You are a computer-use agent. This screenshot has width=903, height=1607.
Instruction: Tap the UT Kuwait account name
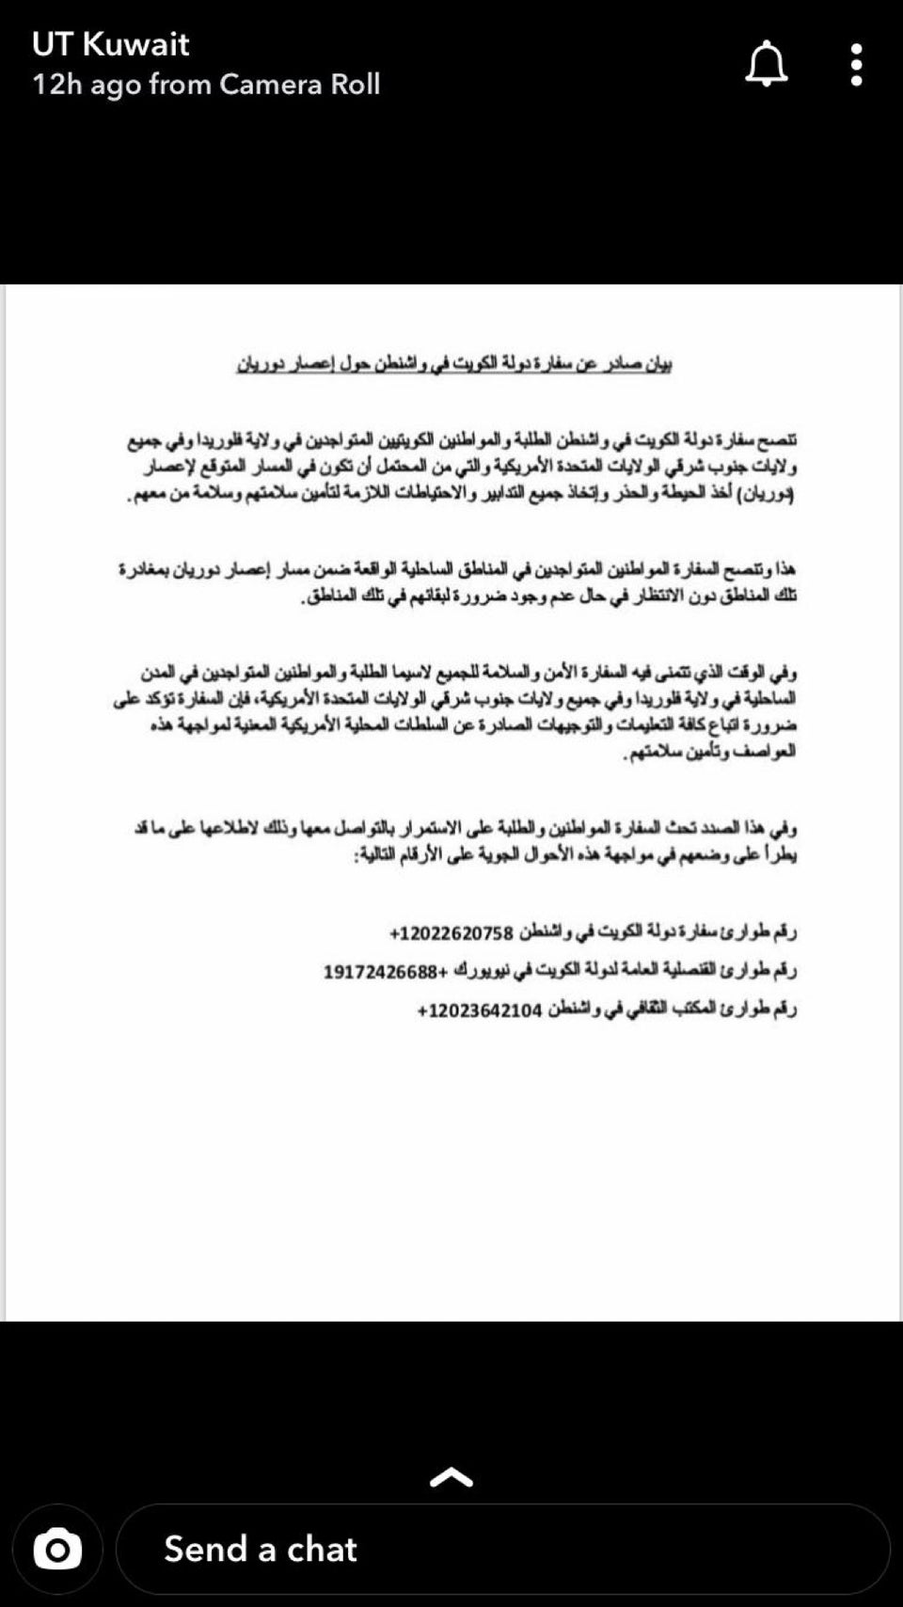click(110, 43)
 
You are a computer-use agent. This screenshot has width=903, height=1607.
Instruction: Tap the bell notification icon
click(767, 64)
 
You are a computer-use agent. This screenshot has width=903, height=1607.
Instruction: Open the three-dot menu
click(856, 64)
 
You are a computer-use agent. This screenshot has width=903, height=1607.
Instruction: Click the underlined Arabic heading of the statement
click(453, 363)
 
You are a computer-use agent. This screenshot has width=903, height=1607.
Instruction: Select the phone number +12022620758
click(451, 933)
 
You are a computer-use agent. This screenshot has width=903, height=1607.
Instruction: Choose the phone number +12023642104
click(480, 1010)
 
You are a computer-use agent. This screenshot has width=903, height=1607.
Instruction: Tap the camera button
click(57, 1549)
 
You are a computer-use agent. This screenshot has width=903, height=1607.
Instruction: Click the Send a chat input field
click(502, 1549)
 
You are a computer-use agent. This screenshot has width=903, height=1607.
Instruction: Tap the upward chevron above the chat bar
click(451, 1478)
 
